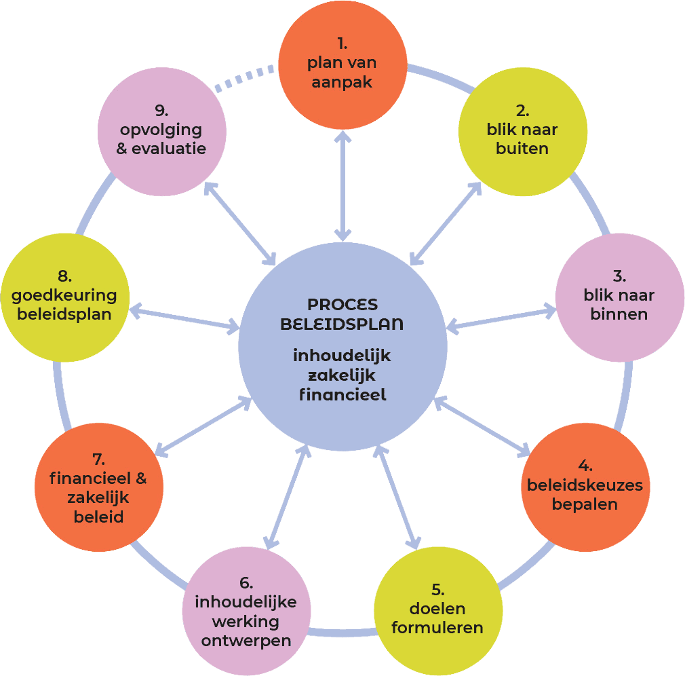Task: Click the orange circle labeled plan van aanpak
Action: coord(342,64)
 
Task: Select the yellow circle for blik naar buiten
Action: coord(522,131)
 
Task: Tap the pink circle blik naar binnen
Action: coord(619,297)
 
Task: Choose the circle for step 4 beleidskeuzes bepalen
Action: coord(585,486)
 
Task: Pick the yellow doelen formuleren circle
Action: coord(438,609)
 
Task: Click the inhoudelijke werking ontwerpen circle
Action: coord(246,612)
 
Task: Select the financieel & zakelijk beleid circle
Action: coord(99,487)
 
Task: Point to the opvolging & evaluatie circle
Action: coord(162,131)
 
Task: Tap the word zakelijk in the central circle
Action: coord(342,375)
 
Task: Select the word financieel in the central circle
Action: coord(342,394)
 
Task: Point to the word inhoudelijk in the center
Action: coord(342,356)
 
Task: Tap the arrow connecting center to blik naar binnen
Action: coord(502,319)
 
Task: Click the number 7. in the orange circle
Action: coord(98,460)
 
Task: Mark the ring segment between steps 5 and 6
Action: coord(342,633)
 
